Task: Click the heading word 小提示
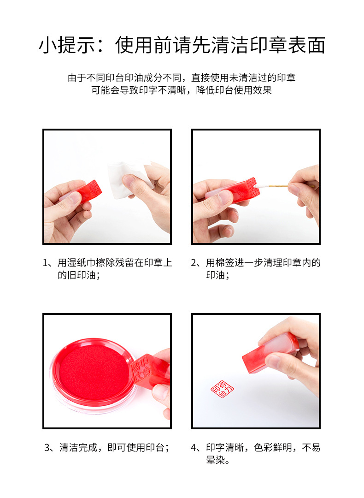[67, 45]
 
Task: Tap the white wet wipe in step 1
[129, 179]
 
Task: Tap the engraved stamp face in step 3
[141, 369]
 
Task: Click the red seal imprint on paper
[222, 389]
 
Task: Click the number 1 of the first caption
[46, 263]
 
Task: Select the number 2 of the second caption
[194, 263]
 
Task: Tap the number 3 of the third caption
[47, 448]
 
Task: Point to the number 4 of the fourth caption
[194, 448]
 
